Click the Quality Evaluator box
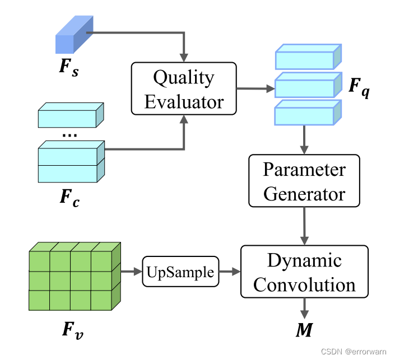(184, 88)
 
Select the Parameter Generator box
(304, 181)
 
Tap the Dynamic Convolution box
(304, 272)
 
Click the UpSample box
(180, 272)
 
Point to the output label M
(304, 330)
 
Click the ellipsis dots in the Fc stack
(70, 134)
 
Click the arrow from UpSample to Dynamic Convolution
(229, 272)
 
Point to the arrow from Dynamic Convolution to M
(304, 307)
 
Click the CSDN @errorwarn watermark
(357, 351)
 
